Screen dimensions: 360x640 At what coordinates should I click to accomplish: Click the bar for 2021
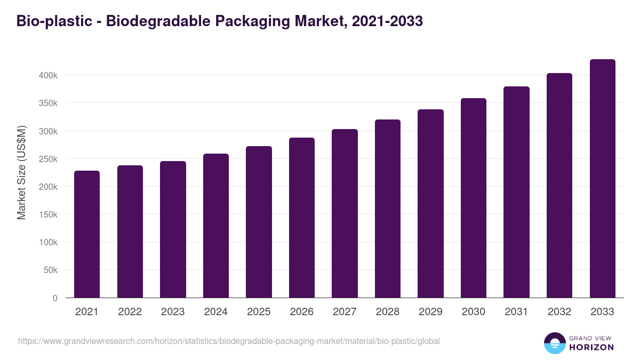click(87, 234)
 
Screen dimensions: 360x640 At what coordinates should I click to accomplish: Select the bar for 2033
click(602, 179)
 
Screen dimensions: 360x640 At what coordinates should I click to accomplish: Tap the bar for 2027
click(345, 213)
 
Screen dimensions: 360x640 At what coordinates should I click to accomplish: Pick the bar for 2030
click(474, 198)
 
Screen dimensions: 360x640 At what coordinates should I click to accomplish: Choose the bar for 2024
click(216, 226)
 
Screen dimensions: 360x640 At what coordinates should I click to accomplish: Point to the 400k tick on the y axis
click(49, 75)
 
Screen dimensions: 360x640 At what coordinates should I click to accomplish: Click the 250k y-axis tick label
click(49, 159)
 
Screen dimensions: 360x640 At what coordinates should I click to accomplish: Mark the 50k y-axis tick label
click(51, 270)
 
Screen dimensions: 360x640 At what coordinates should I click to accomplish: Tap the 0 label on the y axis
click(55, 298)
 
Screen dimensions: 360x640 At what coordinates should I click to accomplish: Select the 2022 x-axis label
click(130, 312)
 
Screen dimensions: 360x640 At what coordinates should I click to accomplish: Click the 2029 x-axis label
click(430, 312)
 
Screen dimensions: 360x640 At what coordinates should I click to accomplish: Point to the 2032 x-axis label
click(559, 312)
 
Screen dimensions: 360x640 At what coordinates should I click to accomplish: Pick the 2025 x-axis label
click(259, 312)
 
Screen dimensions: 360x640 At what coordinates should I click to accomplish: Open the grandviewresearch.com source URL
click(229, 341)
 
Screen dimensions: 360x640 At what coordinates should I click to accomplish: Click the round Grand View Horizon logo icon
click(554, 343)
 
